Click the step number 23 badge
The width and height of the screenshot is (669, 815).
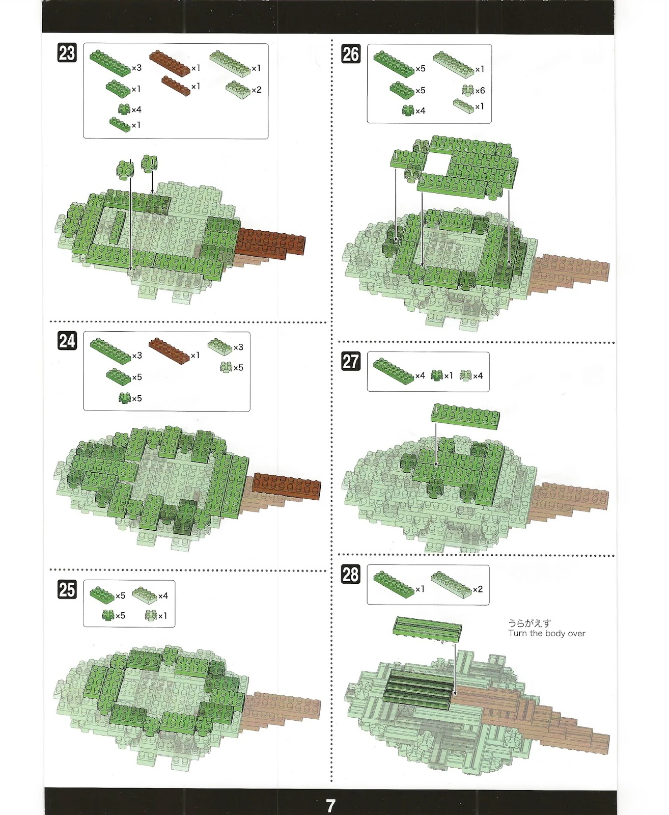click(67, 52)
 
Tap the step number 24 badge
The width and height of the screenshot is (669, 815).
click(67, 340)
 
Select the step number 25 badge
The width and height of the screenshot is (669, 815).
click(67, 589)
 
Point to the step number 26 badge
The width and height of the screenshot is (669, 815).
click(351, 53)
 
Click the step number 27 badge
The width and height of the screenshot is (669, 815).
click(351, 361)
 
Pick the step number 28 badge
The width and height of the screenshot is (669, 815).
click(351, 574)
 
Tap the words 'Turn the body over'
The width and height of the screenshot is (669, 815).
click(547, 633)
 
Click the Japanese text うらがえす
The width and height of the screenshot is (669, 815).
click(529, 623)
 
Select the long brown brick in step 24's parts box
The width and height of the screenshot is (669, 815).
click(169, 350)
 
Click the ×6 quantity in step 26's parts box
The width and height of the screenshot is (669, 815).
click(480, 91)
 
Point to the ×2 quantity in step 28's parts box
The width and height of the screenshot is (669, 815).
click(478, 589)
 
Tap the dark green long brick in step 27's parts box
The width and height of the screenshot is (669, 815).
click(394, 371)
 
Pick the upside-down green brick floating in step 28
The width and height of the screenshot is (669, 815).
click(427, 626)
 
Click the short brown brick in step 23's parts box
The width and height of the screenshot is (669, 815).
click(176, 86)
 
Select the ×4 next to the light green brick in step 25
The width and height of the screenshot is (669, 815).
click(163, 596)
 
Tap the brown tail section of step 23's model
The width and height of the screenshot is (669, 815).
click(270, 243)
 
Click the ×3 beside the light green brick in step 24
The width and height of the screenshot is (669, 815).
click(238, 347)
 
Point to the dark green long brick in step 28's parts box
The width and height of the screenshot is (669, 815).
click(394, 585)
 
